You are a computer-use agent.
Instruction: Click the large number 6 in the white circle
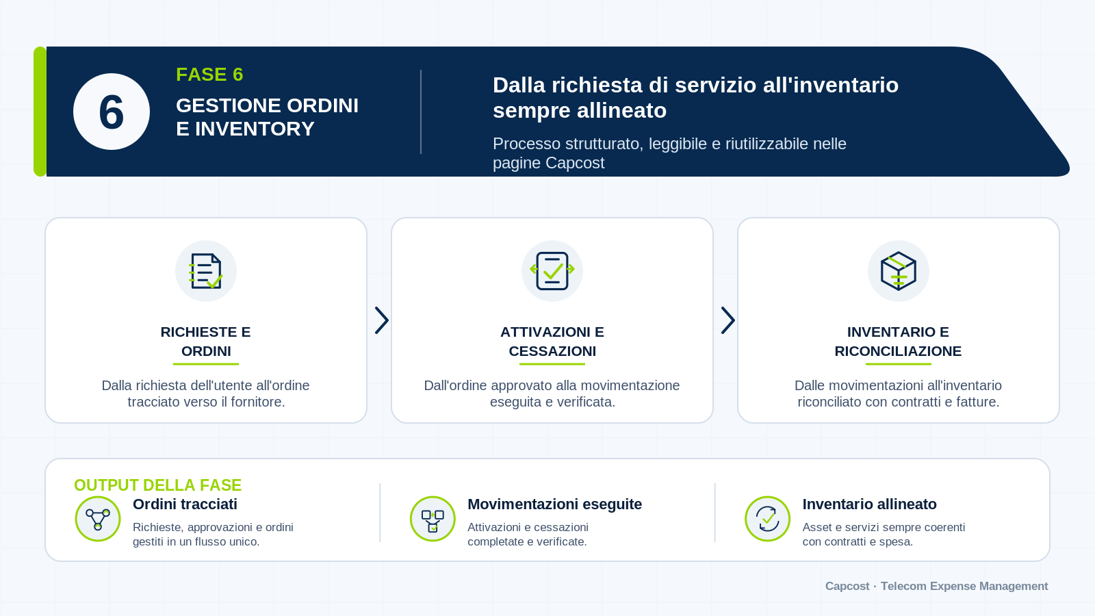112,112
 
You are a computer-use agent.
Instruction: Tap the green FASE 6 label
209,75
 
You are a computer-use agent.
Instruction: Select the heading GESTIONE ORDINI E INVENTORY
267,117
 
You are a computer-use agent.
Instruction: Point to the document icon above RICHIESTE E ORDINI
206,271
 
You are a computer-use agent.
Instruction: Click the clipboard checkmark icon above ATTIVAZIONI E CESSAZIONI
552,271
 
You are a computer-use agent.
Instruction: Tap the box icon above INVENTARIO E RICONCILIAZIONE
898,271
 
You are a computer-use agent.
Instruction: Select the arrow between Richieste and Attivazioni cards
382,321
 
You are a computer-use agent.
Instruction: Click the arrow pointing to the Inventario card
728,321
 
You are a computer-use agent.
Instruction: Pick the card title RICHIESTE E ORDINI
206,342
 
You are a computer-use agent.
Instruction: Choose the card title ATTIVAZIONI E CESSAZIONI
552,342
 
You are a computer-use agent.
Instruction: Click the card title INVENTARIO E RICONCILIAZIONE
898,342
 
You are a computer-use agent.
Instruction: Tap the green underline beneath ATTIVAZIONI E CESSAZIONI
552,363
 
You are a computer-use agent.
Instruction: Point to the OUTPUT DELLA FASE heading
157,485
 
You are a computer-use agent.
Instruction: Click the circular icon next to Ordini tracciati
98,519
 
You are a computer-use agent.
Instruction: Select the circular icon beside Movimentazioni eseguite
433,519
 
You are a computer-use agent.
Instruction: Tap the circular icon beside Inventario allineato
767,519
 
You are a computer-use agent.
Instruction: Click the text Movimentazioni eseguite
555,504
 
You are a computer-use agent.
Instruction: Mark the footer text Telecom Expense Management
964,586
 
